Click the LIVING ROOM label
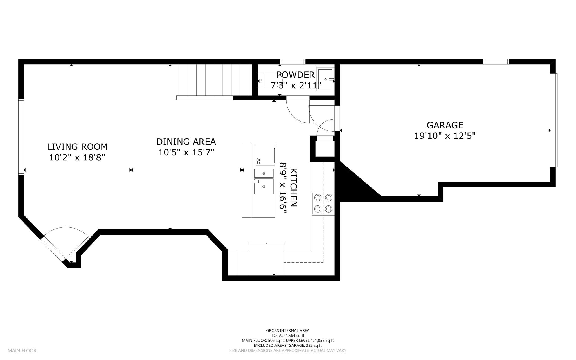[77, 147]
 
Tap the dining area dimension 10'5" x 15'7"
[186, 152]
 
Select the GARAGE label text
[445, 125]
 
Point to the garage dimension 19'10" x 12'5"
[445, 136]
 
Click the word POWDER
[295, 75]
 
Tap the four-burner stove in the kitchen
[323, 204]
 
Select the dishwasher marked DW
[265, 156]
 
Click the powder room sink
[325, 79]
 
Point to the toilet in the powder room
[267, 80]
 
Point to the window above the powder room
[293, 62]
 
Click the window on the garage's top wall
[496, 62]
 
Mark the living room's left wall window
[21, 137]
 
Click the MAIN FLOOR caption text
[22, 351]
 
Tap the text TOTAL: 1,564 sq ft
[288, 336]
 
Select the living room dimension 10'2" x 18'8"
[77, 158]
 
